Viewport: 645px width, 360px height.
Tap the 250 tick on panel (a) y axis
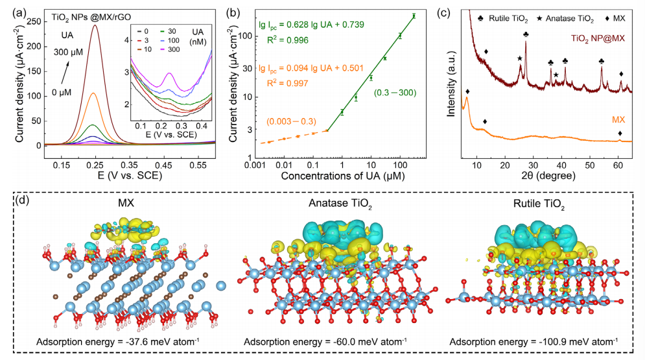coord(40,21)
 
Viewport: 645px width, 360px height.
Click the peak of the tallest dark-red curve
coord(95,26)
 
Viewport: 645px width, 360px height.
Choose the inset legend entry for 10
coord(147,48)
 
